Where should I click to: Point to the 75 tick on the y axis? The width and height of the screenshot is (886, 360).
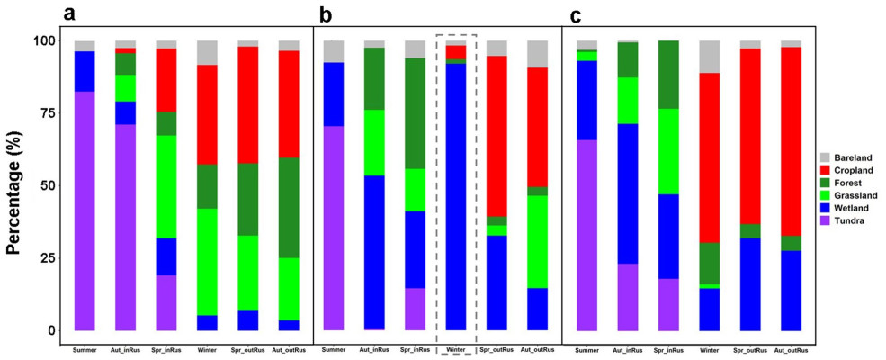45,113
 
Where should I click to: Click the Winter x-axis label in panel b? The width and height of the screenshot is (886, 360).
456,348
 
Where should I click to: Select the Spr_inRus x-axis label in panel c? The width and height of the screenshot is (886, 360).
668,348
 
